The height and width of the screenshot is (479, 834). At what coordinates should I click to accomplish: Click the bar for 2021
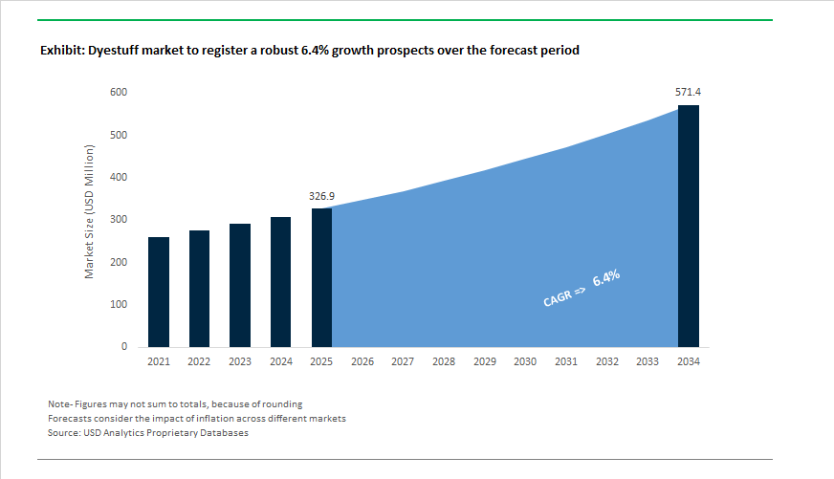pos(159,292)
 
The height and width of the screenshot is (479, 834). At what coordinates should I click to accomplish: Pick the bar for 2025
pos(321,277)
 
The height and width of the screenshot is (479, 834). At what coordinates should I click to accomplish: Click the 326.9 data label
pos(321,196)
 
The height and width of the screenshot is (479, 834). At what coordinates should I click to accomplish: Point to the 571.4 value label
pos(689,92)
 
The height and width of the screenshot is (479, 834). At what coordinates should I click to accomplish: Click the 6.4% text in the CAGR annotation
pos(606,279)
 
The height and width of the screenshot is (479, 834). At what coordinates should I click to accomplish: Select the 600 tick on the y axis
pos(120,93)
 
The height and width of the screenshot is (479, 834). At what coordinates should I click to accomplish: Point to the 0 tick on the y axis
pos(124,347)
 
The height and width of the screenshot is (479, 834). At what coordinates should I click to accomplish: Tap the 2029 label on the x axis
pos(484,362)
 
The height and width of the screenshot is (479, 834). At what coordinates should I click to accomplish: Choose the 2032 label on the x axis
pos(606,362)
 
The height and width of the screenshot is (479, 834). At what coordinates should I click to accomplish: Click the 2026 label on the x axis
pos(362,362)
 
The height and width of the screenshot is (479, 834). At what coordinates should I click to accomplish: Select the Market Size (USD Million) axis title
pos(90,212)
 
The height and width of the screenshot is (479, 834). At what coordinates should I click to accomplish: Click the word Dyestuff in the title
pos(115,50)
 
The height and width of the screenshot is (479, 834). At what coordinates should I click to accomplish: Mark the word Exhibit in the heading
pos(61,50)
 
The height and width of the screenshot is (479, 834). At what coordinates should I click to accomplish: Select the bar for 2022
pos(199,288)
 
